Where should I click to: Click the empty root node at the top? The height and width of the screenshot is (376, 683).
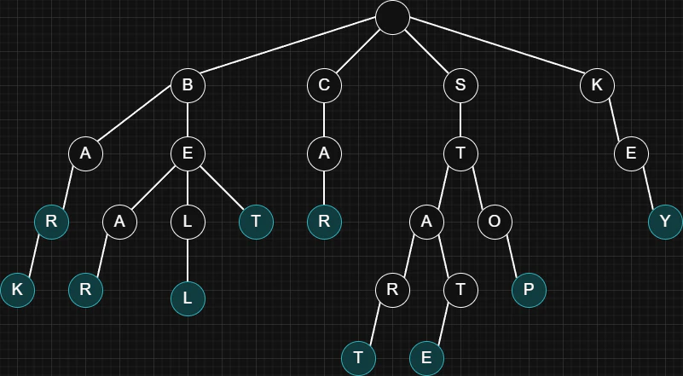click(x=392, y=17)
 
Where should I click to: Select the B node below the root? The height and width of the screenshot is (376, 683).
click(x=188, y=85)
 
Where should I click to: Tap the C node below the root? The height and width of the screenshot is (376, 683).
click(x=324, y=85)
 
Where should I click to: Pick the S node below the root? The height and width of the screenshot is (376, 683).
click(x=460, y=85)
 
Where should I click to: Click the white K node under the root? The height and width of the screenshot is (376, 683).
click(x=597, y=85)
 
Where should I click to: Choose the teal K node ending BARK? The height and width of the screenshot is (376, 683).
click(x=17, y=290)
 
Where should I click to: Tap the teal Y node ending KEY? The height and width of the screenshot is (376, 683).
click(x=665, y=222)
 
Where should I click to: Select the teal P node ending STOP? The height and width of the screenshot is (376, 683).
click(x=529, y=290)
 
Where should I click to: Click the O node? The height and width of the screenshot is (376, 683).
click(x=495, y=222)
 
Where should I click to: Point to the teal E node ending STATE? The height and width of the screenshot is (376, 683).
click(x=426, y=358)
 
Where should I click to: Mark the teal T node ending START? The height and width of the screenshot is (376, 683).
click(x=358, y=358)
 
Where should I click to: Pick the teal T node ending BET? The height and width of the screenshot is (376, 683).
click(x=256, y=222)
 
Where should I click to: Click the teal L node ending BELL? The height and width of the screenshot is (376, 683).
click(x=188, y=298)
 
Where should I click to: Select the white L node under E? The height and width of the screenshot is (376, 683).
click(x=188, y=222)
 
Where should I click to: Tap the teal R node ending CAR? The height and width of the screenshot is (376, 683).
click(x=324, y=222)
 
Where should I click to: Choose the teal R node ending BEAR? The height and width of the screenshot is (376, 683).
click(x=85, y=290)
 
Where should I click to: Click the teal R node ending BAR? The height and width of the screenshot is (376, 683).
click(x=51, y=222)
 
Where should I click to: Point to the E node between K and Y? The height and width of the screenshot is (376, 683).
click(x=631, y=153)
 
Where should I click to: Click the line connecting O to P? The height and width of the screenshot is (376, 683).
click(x=512, y=256)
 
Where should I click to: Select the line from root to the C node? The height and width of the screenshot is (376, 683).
click(x=358, y=51)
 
